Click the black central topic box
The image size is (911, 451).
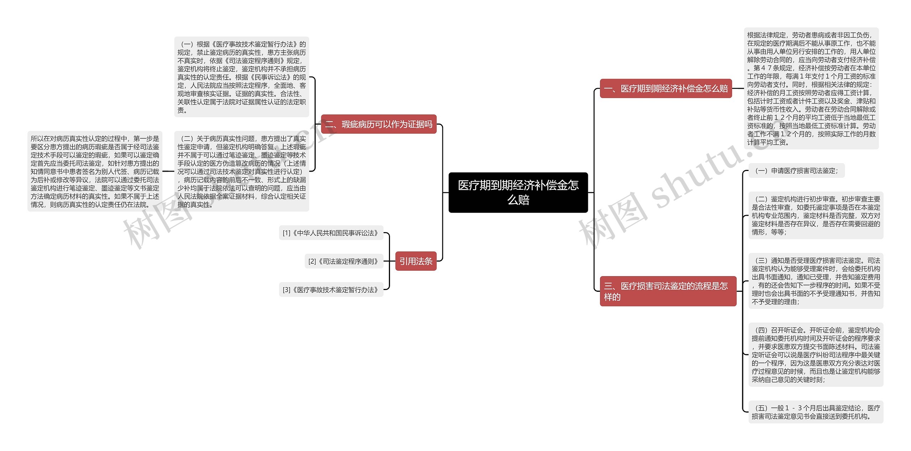[518, 192]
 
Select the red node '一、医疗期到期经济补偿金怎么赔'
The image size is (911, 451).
[665, 88]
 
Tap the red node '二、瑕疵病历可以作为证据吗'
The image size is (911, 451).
[379, 124]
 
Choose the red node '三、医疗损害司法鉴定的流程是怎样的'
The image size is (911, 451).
[668, 291]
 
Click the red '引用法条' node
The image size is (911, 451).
[416, 261]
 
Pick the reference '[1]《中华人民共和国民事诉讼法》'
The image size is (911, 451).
[331, 233]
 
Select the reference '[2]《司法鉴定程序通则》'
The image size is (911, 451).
[343, 261]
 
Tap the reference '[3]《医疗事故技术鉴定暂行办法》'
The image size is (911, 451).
[331, 290]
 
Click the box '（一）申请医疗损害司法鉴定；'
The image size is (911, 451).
[796, 171]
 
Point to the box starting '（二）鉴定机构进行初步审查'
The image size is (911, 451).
[816, 215]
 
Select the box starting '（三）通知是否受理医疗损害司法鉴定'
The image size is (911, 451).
[816, 281]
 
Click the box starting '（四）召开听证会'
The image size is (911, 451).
[816, 355]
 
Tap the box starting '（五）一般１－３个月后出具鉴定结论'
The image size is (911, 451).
[816, 412]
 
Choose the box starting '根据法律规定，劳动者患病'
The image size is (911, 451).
[811, 88]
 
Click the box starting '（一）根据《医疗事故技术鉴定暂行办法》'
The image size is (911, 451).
[242, 77]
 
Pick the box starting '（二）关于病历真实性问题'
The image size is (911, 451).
[242, 171]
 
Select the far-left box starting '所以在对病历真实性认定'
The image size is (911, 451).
[95, 171]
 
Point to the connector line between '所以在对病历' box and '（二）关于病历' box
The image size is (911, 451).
[168, 171]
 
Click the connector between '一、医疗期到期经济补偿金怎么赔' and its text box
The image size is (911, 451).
[738, 88]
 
